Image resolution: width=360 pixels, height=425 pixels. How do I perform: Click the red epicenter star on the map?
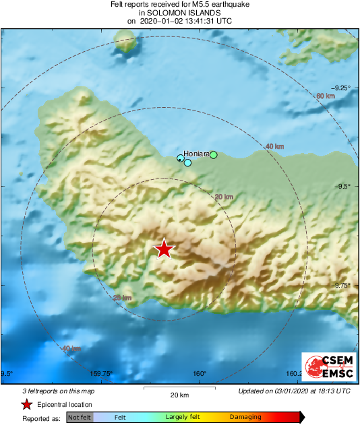point(164,249)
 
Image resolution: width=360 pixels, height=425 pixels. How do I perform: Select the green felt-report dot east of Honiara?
point(214,155)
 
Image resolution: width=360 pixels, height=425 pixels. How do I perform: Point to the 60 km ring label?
point(326,96)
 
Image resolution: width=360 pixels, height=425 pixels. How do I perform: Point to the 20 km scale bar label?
point(179,395)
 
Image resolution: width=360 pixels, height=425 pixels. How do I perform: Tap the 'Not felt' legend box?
point(80,418)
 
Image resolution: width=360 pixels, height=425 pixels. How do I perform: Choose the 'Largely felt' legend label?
point(181,418)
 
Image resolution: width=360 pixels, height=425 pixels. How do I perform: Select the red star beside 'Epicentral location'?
point(26,404)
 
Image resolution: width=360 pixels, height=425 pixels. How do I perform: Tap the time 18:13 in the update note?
point(326,391)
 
